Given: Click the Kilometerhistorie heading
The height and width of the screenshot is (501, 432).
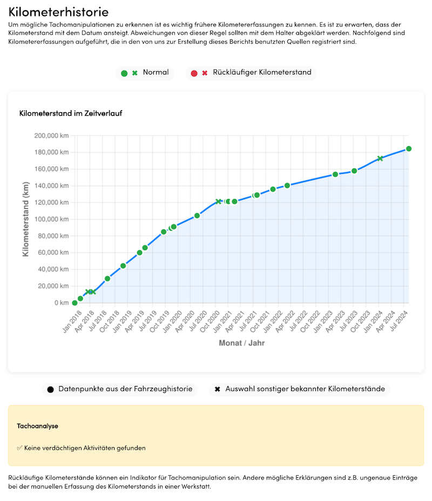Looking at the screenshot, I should (x=58, y=12).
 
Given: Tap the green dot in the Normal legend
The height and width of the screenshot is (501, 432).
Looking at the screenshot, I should (x=124, y=73).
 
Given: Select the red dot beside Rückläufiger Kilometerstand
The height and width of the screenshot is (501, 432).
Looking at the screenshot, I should (x=194, y=73).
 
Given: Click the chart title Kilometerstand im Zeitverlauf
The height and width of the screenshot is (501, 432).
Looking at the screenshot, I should (x=71, y=113).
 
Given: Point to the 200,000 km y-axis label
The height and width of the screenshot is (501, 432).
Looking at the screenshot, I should (x=51, y=136).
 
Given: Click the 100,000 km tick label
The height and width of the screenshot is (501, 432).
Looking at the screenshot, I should (x=51, y=219).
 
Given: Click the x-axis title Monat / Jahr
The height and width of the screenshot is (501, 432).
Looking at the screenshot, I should (x=241, y=343).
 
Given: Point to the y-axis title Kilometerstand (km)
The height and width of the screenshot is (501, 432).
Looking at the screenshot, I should (x=25, y=219).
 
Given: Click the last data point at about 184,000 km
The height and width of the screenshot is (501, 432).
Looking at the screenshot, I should (x=409, y=148).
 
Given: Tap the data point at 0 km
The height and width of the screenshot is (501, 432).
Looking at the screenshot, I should (x=75, y=303).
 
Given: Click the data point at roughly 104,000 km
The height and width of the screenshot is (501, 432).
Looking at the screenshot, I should (x=197, y=215).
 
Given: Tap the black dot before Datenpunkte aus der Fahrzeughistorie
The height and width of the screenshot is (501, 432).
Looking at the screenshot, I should (x=51, y=389).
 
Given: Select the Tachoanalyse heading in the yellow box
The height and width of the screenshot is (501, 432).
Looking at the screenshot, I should (x=38, y=426).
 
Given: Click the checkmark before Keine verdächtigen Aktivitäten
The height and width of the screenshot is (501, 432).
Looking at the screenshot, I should (x=19, y=448).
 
